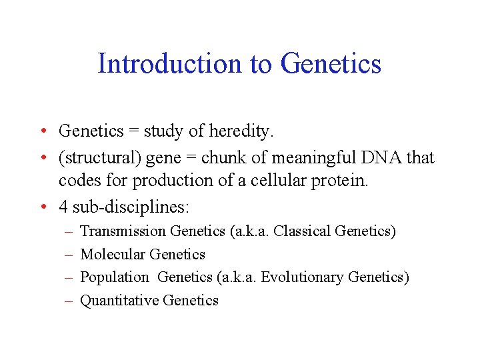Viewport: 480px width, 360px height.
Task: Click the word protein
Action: point(338,181)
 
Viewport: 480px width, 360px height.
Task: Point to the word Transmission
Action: point(123,231)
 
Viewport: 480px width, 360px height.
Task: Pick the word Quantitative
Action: point(119,300)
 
